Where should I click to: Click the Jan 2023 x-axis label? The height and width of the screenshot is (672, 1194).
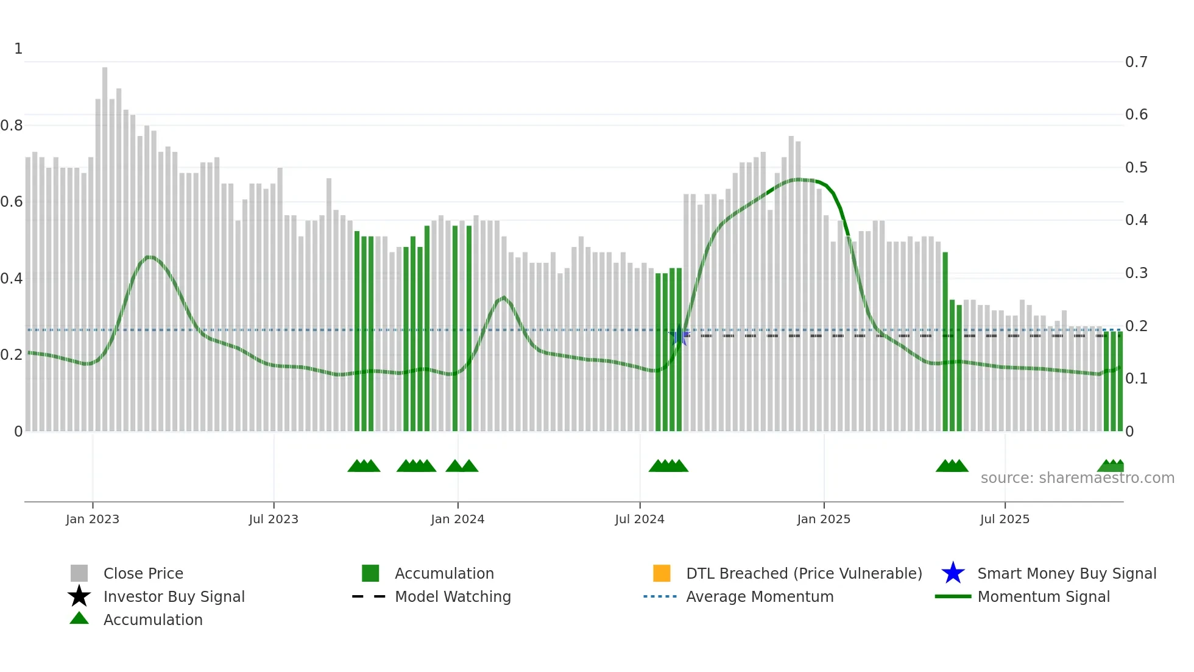click(x=93, y=519)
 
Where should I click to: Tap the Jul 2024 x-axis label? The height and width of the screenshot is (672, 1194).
click(x=640, y=519)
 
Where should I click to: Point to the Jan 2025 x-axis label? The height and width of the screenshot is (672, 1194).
click(x=824, y=519)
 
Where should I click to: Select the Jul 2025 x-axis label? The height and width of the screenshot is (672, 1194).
click(x=1005, y=519)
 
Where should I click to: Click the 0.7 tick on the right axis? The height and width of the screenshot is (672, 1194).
click(x=1136, y=62)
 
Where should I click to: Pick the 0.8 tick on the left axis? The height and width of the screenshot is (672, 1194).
click(x=12, y=126)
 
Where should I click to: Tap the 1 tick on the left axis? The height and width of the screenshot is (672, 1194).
click(x=18, y=49)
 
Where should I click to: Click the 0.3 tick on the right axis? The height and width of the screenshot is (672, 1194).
click(x=1136, y=273)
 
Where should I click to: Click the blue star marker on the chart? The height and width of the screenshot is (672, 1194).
click(x=679, y=335)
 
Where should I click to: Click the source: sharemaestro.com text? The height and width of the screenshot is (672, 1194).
click(x=1077, y=478)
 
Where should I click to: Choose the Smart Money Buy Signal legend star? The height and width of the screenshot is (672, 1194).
click(x=953, y=573)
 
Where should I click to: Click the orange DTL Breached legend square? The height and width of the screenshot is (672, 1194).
click(x=662, y=573)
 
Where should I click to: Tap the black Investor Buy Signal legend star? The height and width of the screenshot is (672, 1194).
click(x=79, y=596)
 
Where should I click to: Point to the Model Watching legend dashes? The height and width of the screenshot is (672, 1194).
click(x=369, y=596)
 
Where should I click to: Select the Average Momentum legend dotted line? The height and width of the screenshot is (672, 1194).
click(x=660, y=596)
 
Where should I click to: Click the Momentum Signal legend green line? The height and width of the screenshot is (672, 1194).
click(x=953, y=596)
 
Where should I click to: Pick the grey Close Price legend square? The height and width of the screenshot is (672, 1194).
click(x=79, y=573)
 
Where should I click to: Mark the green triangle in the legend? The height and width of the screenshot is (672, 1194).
click(x=79, y=618)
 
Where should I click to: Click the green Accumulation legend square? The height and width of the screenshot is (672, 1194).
click(x=370, y=573)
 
